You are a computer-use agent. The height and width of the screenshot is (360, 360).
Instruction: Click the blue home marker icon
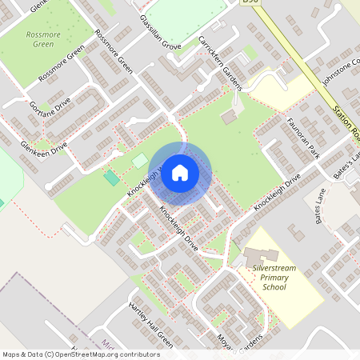pyautogui.click(x=180, y=172)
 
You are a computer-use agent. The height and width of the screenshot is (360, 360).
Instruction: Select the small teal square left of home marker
pyautogui.click(x=110, y=177)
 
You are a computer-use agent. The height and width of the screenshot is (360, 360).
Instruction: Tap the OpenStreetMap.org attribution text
pyautogui.click(x=96, y=354)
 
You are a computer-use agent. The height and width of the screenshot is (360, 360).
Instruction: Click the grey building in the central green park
pyautogui.click(x=229, y=117)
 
